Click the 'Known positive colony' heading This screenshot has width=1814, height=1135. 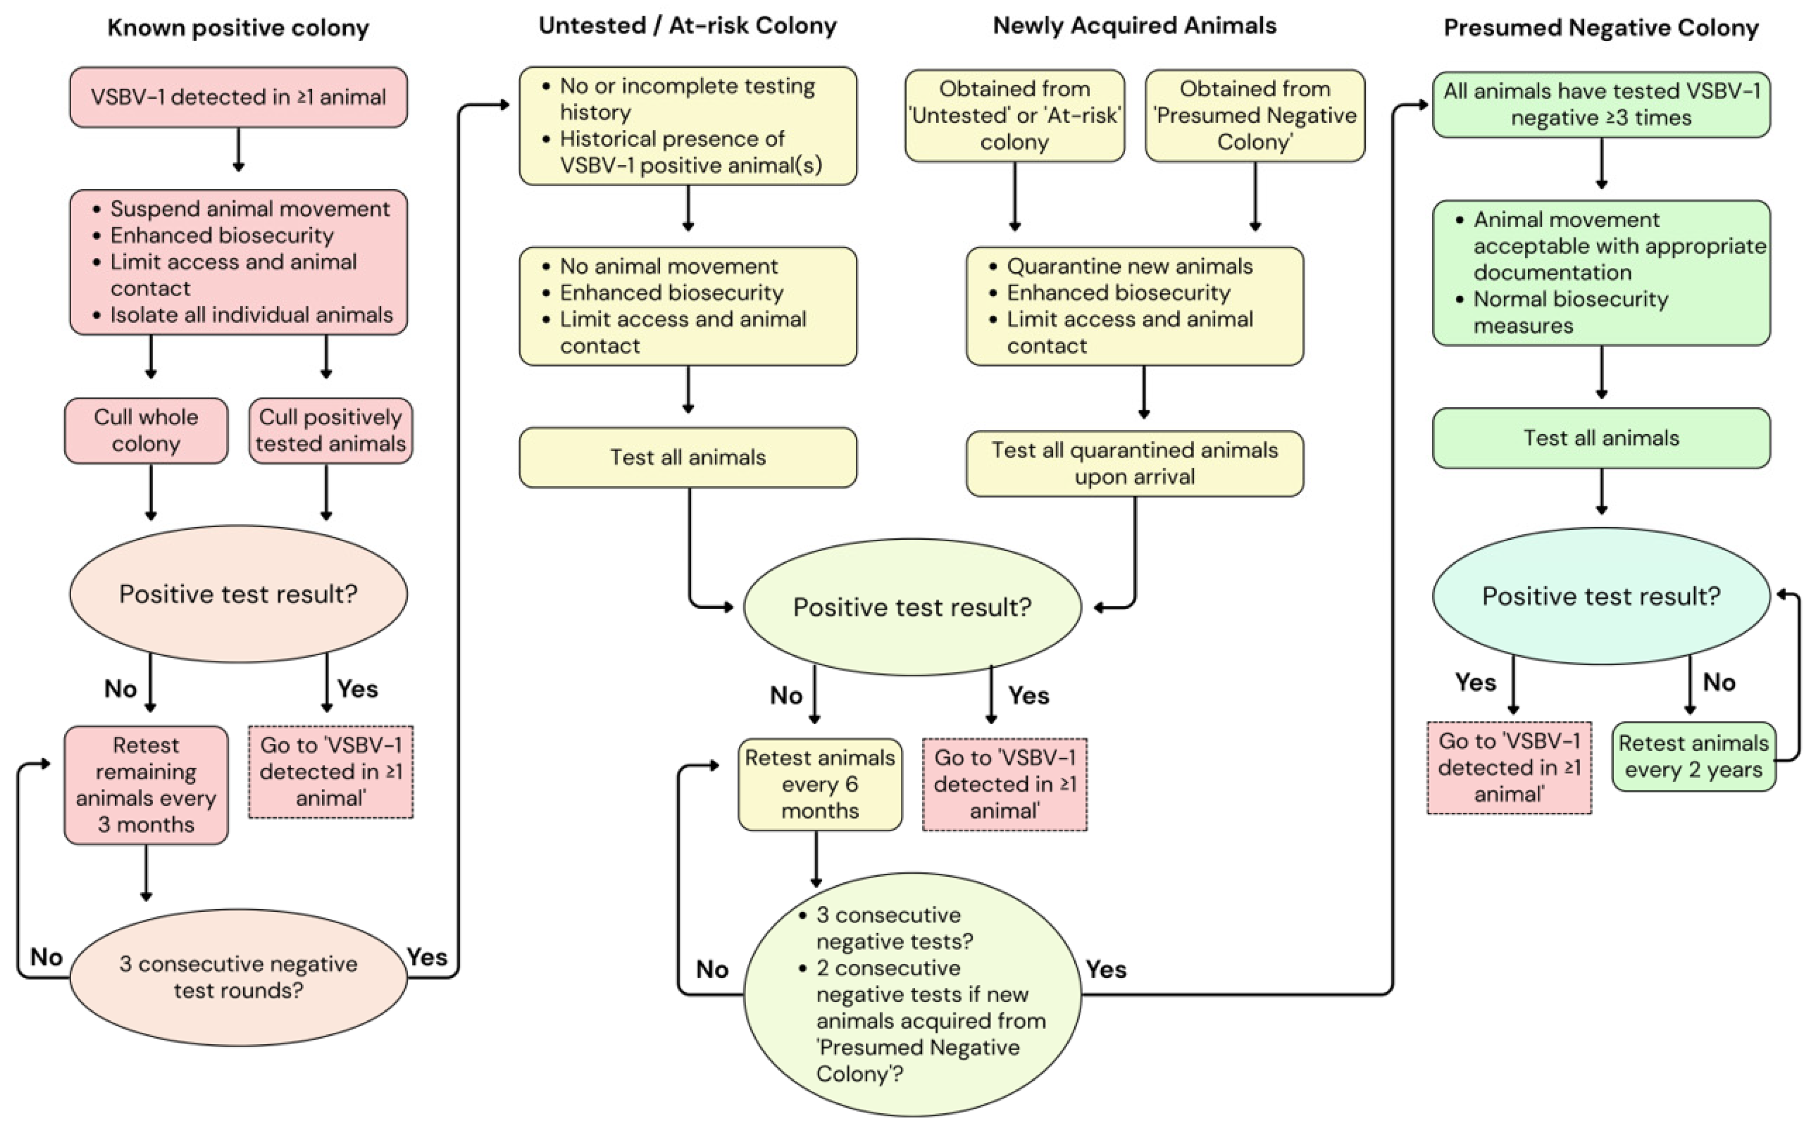pos(238,28)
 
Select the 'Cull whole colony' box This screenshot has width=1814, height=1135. pos(146,430)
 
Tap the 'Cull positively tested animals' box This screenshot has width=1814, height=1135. pos(331,430)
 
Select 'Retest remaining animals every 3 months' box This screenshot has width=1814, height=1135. pos(146,785)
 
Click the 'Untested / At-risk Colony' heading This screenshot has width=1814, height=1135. pos(688,26)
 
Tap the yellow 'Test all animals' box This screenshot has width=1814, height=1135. pos(688,457)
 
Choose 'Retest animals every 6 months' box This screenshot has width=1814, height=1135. pos(820,785)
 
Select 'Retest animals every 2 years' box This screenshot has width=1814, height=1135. pos(1694,757)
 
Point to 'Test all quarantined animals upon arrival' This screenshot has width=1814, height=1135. pos(1135,463)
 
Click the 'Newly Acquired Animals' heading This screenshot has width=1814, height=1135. pos(1135,26)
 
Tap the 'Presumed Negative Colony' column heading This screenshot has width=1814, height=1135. pos(1602,28)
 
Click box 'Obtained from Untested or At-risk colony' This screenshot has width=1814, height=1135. pos(1014,115)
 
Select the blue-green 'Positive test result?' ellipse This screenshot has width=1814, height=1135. pos(1602,596)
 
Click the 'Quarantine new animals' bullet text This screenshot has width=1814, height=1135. pos(1129,267)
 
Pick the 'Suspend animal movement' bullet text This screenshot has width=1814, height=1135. pos(250,209)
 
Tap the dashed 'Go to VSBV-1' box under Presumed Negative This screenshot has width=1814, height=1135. pos(1509,767)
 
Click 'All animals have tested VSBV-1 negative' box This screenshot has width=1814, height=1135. pos(1602,104)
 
